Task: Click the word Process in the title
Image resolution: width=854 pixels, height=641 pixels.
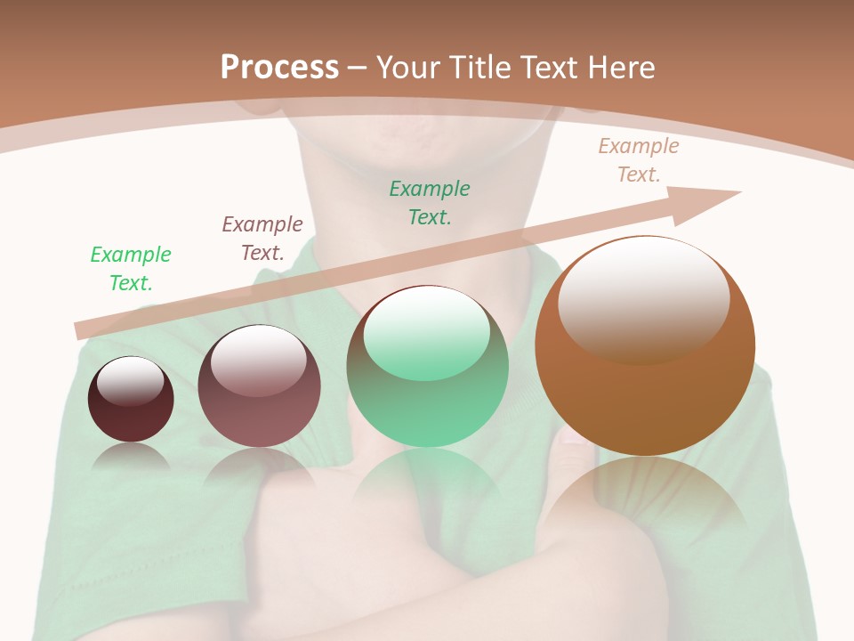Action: pyautogui.click(x=279, y=67)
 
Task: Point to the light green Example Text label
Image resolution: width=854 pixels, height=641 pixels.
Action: pyautogui.click(x=131, y=269)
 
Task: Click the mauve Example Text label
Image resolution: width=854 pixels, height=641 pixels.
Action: pyautogui.click(x=262, y=239)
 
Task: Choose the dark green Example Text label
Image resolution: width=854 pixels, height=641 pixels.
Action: pyautogui.click(x=430, y=203)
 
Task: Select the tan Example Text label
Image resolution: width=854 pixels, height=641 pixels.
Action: pyautogui.click(x=639, y=160)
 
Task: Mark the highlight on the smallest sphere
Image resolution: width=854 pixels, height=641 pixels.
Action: pyautogui.click(x=131, y=380)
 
